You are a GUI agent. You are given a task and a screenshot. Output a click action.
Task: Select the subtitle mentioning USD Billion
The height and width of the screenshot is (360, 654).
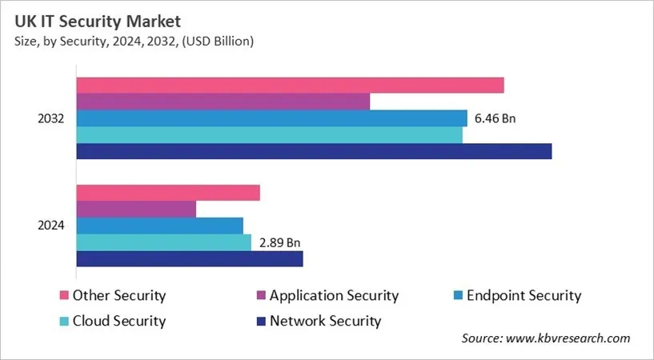(133, 42)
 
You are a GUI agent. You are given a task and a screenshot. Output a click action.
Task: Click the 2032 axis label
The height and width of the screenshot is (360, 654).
(51, 118)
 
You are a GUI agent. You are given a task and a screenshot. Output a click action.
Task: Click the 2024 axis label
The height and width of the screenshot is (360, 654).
(51, 226)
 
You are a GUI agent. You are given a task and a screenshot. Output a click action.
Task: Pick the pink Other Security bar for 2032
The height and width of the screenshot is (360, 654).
(290, 86)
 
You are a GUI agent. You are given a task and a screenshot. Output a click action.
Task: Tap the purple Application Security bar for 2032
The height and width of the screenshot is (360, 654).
(223, 102)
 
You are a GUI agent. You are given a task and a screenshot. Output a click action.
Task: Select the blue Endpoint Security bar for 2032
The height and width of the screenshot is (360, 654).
(271, 118)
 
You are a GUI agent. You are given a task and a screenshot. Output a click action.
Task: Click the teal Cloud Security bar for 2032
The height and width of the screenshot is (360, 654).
(269, 135)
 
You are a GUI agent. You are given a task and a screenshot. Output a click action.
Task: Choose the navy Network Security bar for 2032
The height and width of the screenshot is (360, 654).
(314, 151)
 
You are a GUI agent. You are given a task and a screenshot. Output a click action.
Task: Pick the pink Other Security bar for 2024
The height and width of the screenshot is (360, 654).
(168, 193)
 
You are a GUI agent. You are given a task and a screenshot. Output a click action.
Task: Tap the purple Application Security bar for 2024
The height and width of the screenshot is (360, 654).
(136, 209)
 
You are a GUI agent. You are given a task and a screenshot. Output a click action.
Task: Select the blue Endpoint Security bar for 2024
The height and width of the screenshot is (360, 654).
(159, 226)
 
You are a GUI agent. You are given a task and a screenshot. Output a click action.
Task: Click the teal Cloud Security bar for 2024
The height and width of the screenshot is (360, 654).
(163, 242)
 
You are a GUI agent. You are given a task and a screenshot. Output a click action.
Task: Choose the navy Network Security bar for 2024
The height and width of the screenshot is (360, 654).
(189, 258)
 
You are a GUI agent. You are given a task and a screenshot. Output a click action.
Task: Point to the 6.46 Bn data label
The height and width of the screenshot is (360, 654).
(495, 118)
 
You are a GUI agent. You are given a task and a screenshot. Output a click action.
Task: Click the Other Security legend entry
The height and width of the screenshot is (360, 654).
(118, 295)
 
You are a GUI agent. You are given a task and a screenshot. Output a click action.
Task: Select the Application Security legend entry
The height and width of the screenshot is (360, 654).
(333, 295)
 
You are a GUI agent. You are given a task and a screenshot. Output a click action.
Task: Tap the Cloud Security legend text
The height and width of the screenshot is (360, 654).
(118, 321)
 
